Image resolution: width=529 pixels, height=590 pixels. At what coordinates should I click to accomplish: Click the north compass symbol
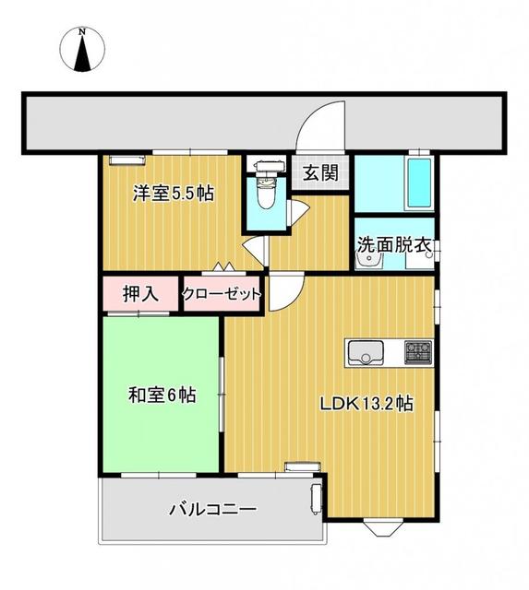pos(82,50)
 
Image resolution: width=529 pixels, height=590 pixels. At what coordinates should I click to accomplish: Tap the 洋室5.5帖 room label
pos(174,194)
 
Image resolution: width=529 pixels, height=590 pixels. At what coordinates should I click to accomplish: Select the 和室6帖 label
pos(161,395)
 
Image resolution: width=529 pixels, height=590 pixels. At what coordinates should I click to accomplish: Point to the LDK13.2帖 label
pos(367,404)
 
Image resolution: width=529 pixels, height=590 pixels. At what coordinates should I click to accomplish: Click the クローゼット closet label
pos(222,295)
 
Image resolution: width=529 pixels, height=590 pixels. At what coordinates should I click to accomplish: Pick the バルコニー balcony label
pos(211,509)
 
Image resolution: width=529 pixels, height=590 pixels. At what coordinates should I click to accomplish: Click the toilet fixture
pos(266,189)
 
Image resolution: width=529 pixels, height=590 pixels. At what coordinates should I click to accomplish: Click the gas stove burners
pos(417,351)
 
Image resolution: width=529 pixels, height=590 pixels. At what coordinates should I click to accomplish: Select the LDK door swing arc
pos(281,293)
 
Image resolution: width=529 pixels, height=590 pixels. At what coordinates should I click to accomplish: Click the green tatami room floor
pos(161,433)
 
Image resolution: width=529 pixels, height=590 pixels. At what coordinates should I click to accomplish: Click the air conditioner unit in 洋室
pos(122,160)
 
